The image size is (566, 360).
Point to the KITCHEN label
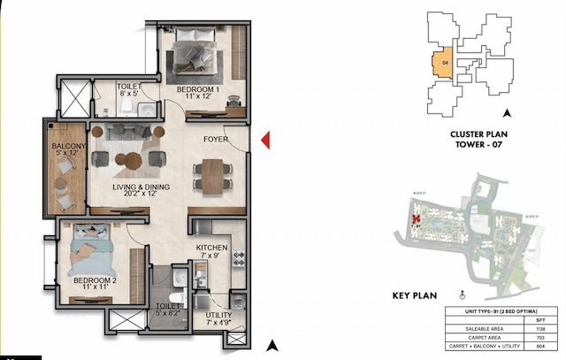click(212, 249)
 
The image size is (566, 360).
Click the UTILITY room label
click(218, 315)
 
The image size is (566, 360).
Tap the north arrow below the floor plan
click(273, 344)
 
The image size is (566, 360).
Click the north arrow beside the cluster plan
click(507, 112)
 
